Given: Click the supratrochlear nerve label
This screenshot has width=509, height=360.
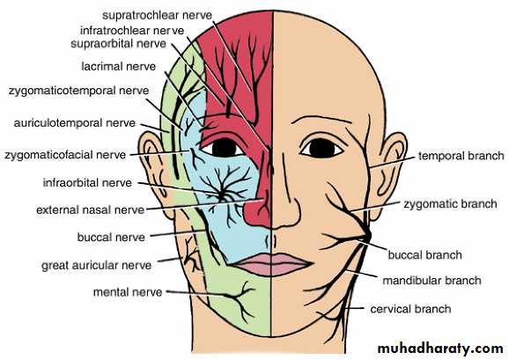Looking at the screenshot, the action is pos(157,15).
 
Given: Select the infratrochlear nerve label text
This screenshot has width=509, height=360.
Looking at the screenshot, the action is pos(132,31).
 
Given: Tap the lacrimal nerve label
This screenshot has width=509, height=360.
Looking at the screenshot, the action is pos(119,67).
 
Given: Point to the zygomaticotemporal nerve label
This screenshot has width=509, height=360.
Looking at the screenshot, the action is pos(79,91).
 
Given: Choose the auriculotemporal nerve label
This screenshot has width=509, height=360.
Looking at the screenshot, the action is pos(75,123).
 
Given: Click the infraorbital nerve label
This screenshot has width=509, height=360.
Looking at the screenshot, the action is pos(87,183).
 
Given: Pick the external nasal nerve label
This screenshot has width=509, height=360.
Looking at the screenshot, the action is pos(90,209).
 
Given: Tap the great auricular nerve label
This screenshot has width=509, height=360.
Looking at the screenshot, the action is pos(96,266).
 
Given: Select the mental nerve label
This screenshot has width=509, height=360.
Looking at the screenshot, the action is pos(128,292).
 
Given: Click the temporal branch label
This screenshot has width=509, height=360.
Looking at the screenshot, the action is pos(461,156).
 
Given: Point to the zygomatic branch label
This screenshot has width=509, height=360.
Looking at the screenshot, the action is pos(450,204).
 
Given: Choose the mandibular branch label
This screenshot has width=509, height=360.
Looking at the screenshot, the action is pos(432,280).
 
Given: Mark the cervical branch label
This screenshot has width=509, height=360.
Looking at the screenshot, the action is pos(410,309).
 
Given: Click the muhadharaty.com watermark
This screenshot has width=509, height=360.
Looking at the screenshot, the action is pos(440,349).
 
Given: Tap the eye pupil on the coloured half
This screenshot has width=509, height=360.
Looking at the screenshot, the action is pos(224,148).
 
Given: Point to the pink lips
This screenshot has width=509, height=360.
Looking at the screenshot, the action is pos(273,264).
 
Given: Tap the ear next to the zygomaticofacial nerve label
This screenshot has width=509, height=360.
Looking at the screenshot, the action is pos(155,175).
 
